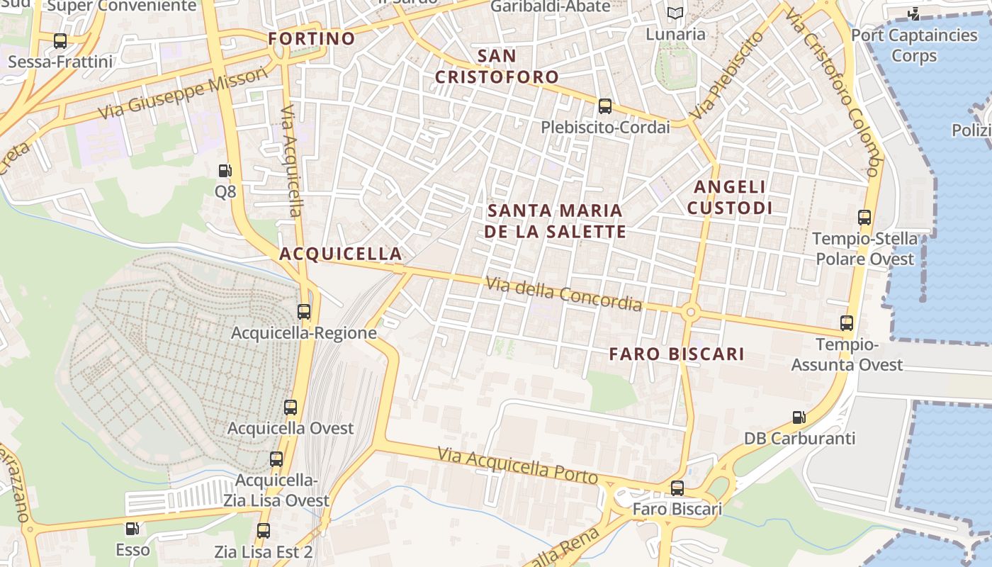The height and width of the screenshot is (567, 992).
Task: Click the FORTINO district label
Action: pyautogui.click(x=312, y=38)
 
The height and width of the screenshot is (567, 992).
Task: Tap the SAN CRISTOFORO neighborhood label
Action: pyautogui.click(x=497, y=66)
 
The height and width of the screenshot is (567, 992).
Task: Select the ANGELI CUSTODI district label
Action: pyautogui.click(x=730, y=197)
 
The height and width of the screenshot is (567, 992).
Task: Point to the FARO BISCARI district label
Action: pyautogui.click(x=677, y=354)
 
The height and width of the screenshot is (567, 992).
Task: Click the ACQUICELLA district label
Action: pyautogui.click(x=341, y=254)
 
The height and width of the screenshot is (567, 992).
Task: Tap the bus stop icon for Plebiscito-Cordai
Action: pyautogui.click(x=605, y=106)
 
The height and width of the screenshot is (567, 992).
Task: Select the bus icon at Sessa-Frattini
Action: pyautogui.click(x=60, y=41)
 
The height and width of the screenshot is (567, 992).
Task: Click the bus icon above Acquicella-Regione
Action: pyautogui.click(x=304, y=311)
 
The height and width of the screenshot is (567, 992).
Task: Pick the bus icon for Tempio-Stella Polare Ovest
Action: pyautogui.click(x=864, y=218)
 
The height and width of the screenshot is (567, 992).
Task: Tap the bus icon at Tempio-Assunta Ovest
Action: pyautogui.click(x=847, y=323)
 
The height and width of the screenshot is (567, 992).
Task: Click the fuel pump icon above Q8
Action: pyautogui.click(x=225, y=171)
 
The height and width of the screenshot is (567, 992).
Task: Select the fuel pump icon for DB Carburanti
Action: pyautogui.click(x=799, y=418)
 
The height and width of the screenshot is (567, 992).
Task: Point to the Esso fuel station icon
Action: pyautogui.click(x=133, y=529)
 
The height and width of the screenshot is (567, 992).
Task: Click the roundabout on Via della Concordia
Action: pyautogui.click(x=690, y=311)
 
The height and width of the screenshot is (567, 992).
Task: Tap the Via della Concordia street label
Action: pyautogui.click(x=564, y=293)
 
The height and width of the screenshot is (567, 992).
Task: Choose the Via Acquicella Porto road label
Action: pyautogui.click(x=517, y=465)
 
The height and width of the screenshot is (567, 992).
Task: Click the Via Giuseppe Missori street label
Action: pyautogui.click(x=184, y=93)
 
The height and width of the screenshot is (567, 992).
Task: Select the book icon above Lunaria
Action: pyautogui.click(x=675, y=13)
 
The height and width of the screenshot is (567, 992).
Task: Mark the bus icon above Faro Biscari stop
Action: pyautogui.click(x=677, y=488)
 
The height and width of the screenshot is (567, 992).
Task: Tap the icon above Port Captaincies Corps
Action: pyautogui.click(x=914, y=13)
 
